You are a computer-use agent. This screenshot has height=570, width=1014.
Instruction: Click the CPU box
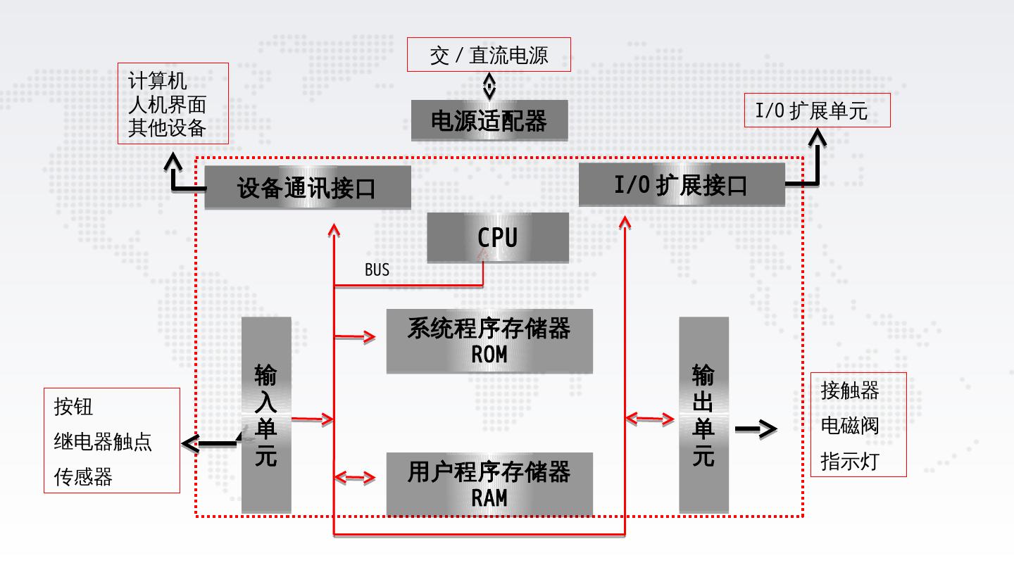tap(498, 238)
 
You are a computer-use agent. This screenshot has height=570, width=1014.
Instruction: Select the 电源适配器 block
tap(489, 120)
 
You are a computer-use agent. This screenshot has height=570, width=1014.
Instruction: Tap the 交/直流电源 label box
tap(489, 55)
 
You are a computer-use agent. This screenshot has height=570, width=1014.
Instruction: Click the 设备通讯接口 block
tap(308, 187)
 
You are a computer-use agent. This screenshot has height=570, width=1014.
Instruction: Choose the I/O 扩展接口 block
tap(682, 184)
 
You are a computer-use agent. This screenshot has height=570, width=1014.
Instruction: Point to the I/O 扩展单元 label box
tap(818, 110)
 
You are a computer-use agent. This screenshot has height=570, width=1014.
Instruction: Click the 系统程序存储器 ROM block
tap(489, 341)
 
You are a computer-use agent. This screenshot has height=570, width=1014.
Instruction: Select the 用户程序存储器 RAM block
tap(489, 484)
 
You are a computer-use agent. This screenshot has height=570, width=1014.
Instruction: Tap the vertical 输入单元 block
tap(266, 415)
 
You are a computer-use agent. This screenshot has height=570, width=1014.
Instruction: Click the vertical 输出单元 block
tap(704, 415)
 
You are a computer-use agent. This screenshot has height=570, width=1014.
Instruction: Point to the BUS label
tap(377, 270)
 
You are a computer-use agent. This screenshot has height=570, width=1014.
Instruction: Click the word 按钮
tap(73, 407)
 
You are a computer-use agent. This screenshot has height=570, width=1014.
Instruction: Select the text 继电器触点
tap(103, 441)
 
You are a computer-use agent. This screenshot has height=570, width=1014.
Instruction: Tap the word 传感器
tap(83, 477)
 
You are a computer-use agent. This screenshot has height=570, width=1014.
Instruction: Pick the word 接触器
tap(850, 391)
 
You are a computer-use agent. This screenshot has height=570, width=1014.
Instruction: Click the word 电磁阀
tap(850, 426)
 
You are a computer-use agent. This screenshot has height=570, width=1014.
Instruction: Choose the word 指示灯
tap(850, 462)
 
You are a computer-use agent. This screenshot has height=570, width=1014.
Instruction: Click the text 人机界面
tap(168, 104)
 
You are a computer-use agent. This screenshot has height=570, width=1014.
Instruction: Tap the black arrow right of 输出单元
tap(756, 429)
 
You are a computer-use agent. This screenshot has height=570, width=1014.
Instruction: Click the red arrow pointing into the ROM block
tap(355, 336)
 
